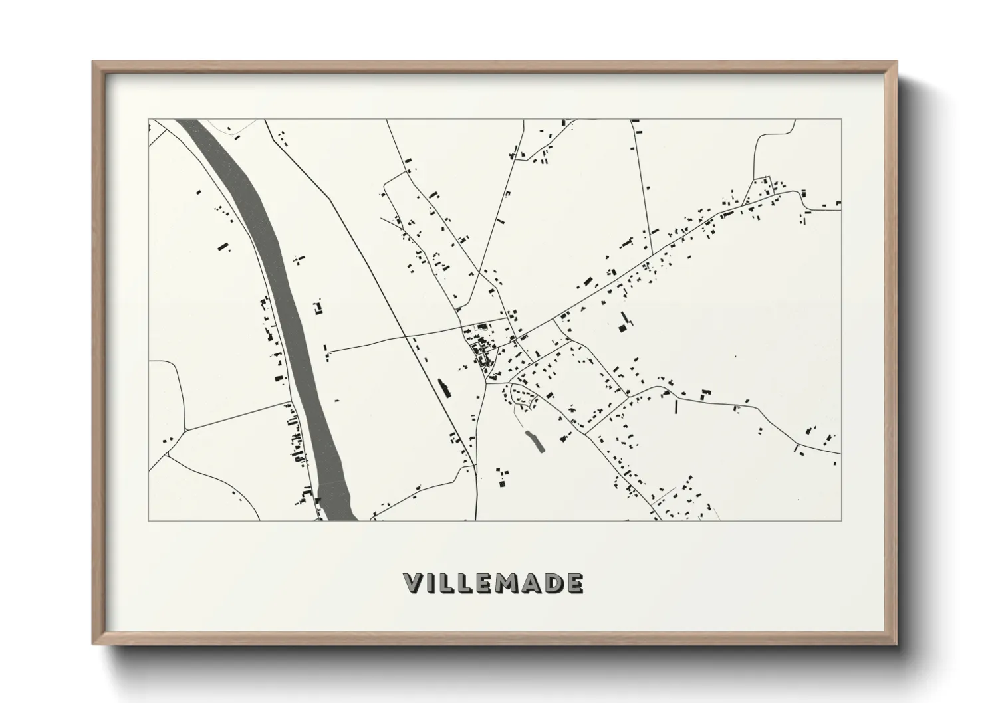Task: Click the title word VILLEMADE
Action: coord(493,583)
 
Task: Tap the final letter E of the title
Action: coord(574,583)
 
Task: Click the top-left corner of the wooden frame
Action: coord(93,62)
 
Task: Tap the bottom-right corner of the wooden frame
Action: coord(896,644)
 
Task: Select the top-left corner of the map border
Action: coord(149,120)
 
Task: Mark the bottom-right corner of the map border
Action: coord(841,520)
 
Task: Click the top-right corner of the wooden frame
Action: coord(896,62)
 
